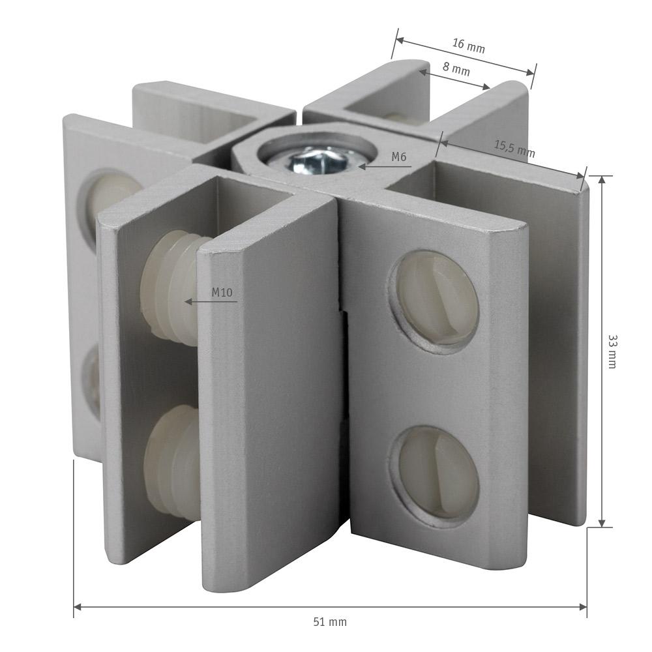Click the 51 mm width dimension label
[330, 622]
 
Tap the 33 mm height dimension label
[612, 351]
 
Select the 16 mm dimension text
[469, 46]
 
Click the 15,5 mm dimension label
[514, 149]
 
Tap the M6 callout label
[398, 156]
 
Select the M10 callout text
[222, 292]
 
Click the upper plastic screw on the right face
[434, 301]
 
